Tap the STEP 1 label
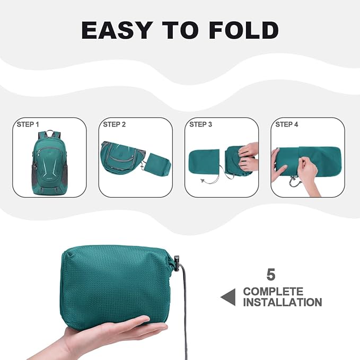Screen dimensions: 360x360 (29, 125)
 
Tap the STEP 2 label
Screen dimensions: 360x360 (115, 125)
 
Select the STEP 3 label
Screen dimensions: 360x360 (200, 125)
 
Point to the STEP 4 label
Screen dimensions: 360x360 (287, 125)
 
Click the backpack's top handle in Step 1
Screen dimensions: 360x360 (50, 134)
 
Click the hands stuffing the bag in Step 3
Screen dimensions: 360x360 (248, 157)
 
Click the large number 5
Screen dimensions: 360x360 (271, 275)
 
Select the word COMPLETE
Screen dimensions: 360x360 (273, 292)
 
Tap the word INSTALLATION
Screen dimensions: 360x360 (282, 303)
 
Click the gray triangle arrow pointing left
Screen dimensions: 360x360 (228, 297)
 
